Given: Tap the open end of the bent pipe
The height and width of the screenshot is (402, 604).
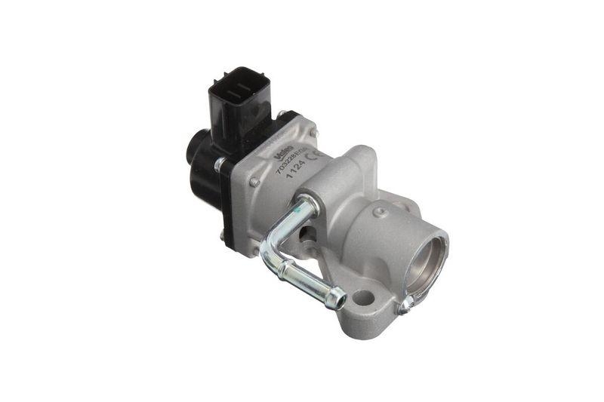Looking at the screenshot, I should click(x=340, y=302).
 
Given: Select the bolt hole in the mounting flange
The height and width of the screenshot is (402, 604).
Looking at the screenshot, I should click(x=364, y=297).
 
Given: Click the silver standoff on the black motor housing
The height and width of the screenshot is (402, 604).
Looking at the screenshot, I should click(x=219, y=163).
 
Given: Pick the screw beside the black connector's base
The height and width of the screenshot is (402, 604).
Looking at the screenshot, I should click(x=282, y=115).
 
